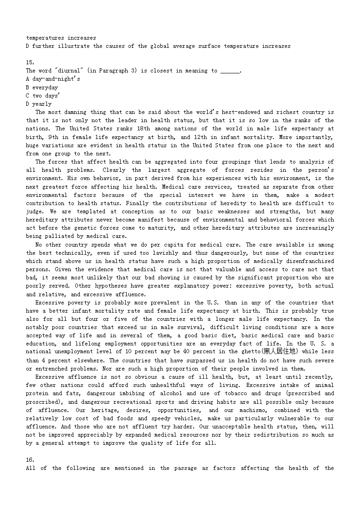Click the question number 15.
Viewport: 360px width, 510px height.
tap(30, 62)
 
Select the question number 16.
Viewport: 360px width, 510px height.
tap(30, 460)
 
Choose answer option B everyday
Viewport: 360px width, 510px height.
tap(42, 87)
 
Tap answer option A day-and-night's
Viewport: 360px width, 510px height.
tap(53, 79)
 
